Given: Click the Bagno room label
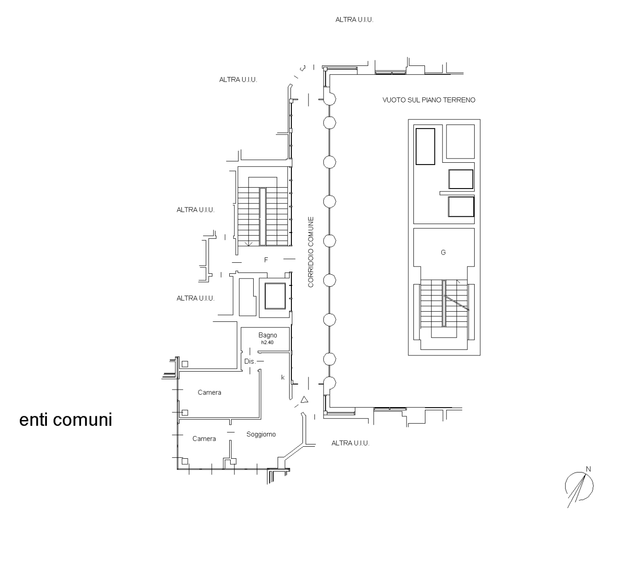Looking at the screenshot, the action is point(267,335).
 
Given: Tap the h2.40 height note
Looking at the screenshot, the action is point(267,343).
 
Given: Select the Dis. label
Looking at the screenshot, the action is point(250,361).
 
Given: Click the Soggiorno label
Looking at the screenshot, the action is point(261,434).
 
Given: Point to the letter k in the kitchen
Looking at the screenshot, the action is point(283,378).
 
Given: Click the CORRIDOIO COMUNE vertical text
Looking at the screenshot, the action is point(311,252).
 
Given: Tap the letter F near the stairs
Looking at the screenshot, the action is point(266,260).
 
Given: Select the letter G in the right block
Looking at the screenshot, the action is point(443,253).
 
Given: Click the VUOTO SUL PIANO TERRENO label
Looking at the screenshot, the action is point(429,100).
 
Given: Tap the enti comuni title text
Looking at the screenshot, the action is point(66,420).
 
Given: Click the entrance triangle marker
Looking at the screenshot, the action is point(304,400).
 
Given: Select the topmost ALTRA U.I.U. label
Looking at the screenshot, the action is point(354,20).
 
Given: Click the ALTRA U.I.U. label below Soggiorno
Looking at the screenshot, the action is point(350,443).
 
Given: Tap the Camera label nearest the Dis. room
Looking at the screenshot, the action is point(209,392).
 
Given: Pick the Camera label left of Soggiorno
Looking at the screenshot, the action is point(204,439).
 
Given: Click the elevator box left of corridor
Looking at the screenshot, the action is point(275,296).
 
